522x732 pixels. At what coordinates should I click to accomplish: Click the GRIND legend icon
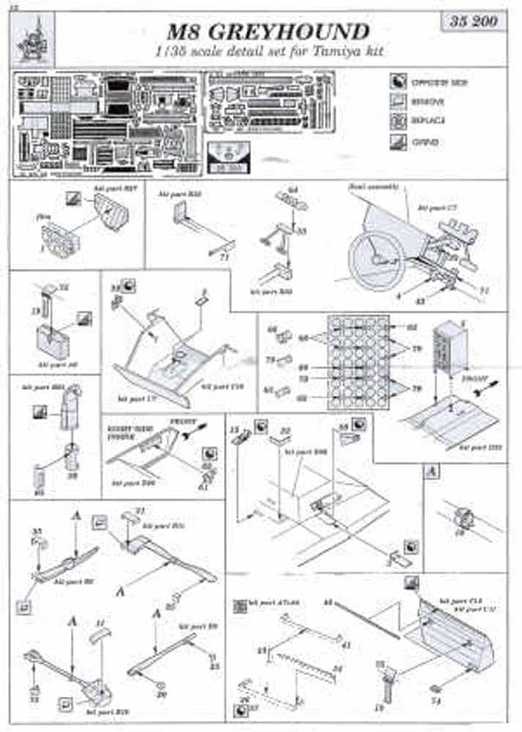point(398,142)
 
